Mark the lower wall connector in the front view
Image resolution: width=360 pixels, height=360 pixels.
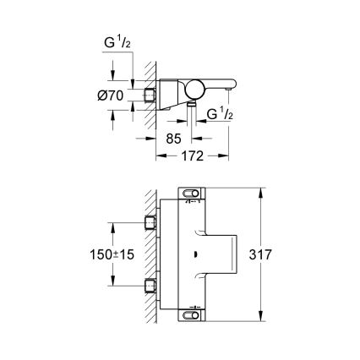coord(150,283)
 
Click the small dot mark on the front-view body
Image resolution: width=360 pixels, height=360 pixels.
coord(196,252)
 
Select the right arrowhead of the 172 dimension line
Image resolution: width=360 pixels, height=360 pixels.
coord(226,155)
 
